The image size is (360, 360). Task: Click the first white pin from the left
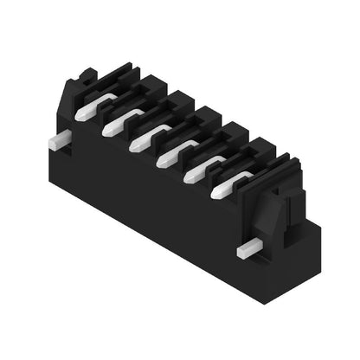[x=87, y=110]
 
